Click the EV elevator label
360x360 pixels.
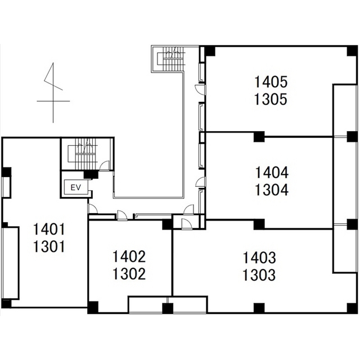point(76,187)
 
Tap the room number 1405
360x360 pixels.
point(271,82)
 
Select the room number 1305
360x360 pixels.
point(271,100)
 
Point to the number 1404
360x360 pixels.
point(272,173)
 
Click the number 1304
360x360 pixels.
point(272,190)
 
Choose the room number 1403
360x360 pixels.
point(259,258)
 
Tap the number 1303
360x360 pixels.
point(259,275)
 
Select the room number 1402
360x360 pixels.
point(129,256)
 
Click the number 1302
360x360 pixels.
point(129,274)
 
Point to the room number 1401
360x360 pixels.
point(49,229)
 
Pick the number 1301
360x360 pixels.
point(49,247)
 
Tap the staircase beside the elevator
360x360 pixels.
point(85,154)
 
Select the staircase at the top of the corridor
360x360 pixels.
point(171,59)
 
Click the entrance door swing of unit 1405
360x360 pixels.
point(199,89)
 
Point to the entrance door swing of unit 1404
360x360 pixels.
point(200,182)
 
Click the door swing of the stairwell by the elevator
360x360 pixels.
point(105,165)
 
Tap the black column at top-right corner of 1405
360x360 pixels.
point(352,51)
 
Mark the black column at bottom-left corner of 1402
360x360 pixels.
point(93,307)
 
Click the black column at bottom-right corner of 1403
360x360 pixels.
point(352,308)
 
